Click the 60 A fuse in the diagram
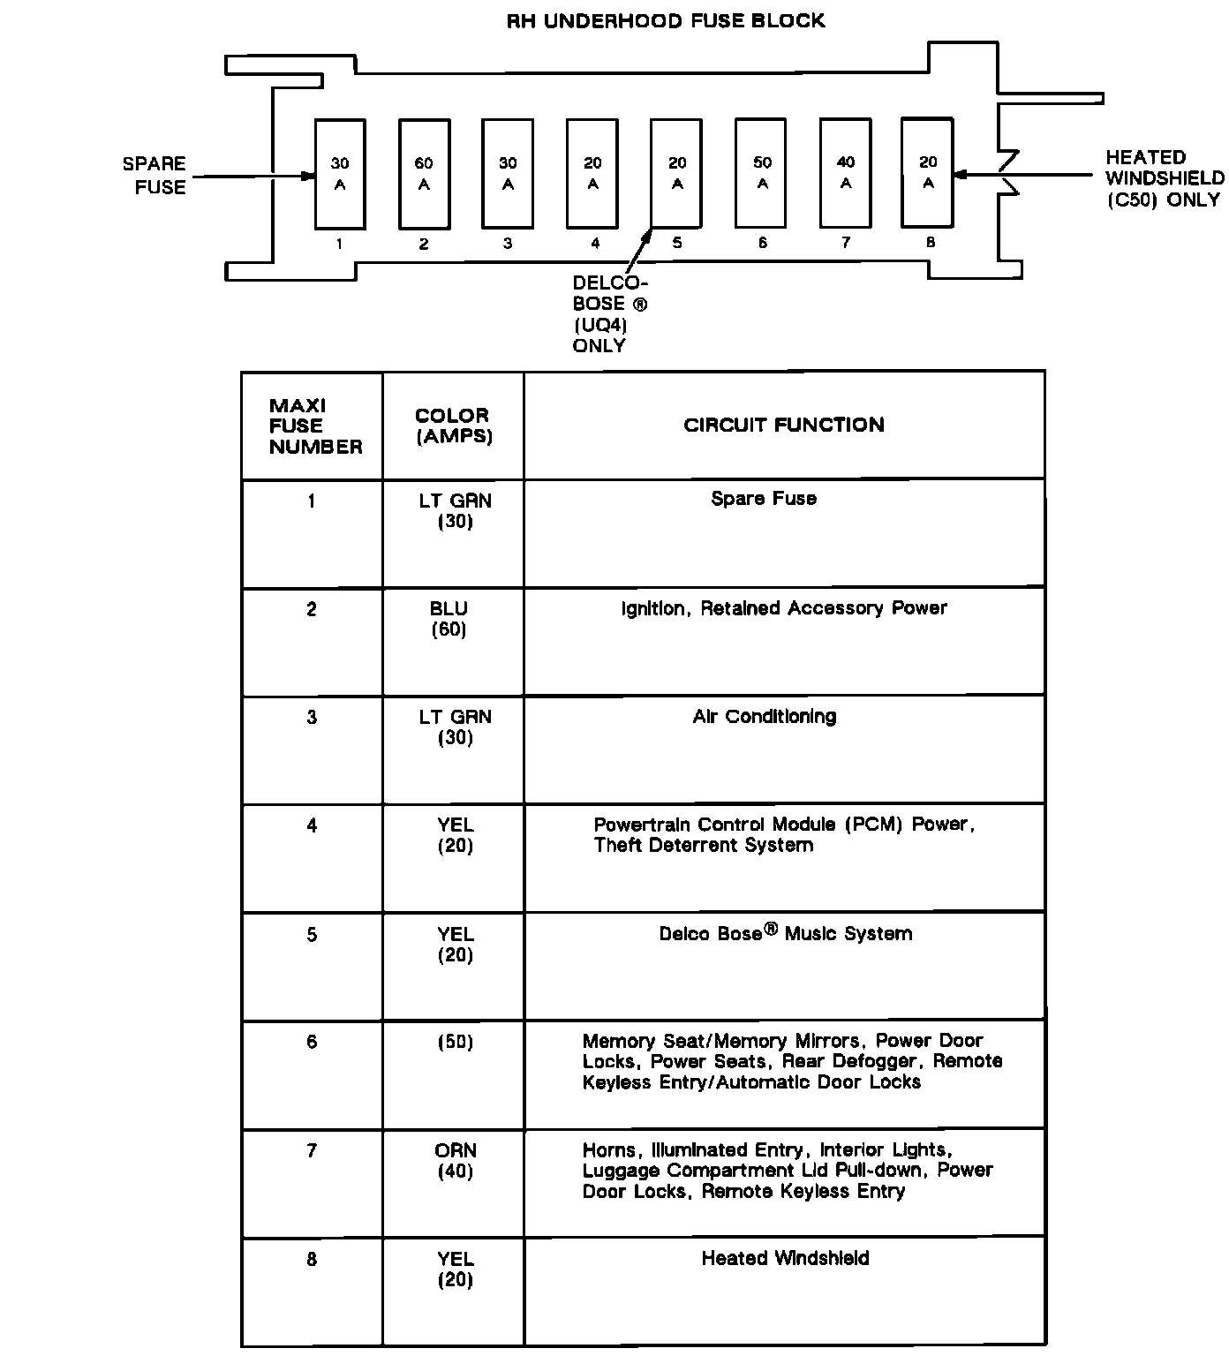pos(424,174)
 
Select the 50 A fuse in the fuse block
pos(762,173)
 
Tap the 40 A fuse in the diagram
pos(846,173)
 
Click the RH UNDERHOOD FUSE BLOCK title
pos(665,20)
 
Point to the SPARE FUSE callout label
pos(155,175)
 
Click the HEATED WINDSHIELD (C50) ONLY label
pos(1165,178)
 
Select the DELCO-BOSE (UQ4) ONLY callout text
pos(608,313)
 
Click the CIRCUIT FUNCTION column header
pos(783,425)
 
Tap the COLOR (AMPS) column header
pos(453,425)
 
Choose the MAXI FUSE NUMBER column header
pos(314,426)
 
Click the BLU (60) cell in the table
pos(449,618)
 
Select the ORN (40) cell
pos(456,1161)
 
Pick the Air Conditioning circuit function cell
pos(764,716)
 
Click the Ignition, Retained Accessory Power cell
pos(784,607)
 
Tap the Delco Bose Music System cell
pos(785,933)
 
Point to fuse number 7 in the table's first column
pos(312,1150)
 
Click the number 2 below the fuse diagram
pos(424,244)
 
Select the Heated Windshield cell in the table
pos(785,1258)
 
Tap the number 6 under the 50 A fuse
pos(762,243)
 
